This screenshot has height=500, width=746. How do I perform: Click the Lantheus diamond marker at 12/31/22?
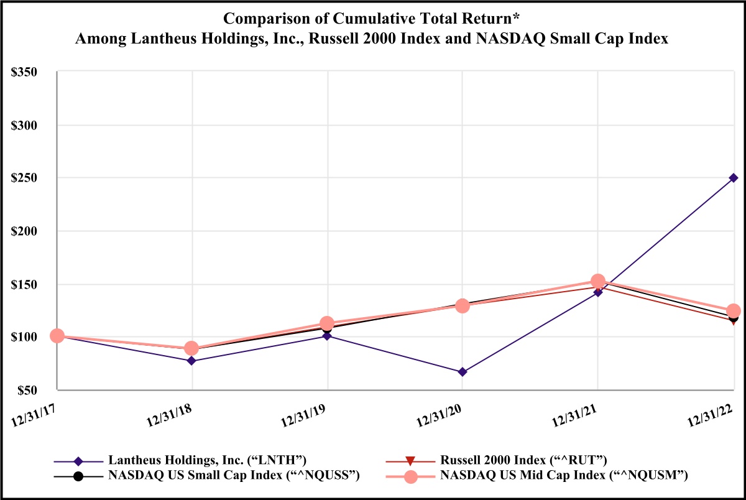coord(734,178)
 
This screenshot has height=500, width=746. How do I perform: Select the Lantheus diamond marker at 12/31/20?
coord(463,372)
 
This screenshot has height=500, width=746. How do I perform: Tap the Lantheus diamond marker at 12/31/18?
coord(192,361)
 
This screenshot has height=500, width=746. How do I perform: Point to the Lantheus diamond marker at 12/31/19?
coord(328,336)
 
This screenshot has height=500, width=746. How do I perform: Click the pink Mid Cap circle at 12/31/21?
coord(598,281)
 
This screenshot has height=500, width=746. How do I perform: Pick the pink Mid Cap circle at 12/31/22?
coord(734,311)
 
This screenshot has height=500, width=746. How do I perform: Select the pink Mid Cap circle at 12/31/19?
coord(327,323)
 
